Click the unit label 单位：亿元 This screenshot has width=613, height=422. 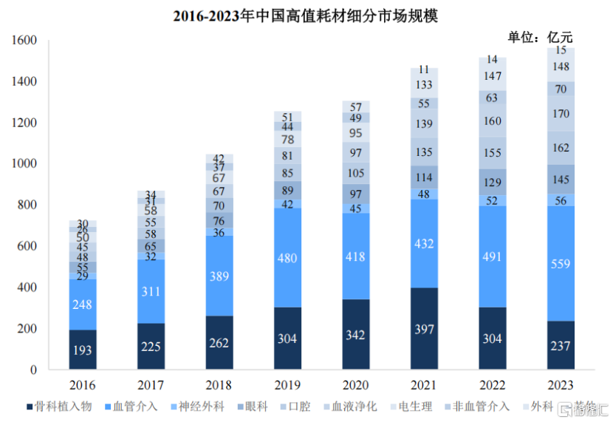pos(540,38)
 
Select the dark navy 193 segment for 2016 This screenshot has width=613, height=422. pos(83,350)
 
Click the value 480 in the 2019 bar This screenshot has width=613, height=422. pos(287,258)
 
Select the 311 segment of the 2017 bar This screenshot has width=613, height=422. pos(151,292)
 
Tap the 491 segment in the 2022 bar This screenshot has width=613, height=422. pos(493,258)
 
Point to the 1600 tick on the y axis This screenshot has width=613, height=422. pos(24,41)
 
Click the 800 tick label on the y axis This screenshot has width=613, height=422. pos(27,205)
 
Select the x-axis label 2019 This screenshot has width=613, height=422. pos(287,385)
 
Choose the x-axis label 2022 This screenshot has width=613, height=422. pos(493,385)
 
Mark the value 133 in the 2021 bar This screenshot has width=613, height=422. pos(425,85)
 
